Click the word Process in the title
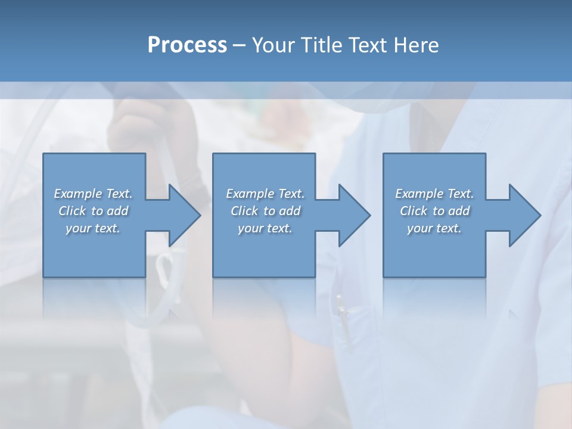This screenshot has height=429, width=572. [187, 45]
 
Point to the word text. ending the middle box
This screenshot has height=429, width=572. [278, 228]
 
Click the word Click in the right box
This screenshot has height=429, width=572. [414, 211]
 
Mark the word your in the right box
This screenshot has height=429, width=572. [419, 228]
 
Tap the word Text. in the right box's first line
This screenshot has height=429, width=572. [460, 194]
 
